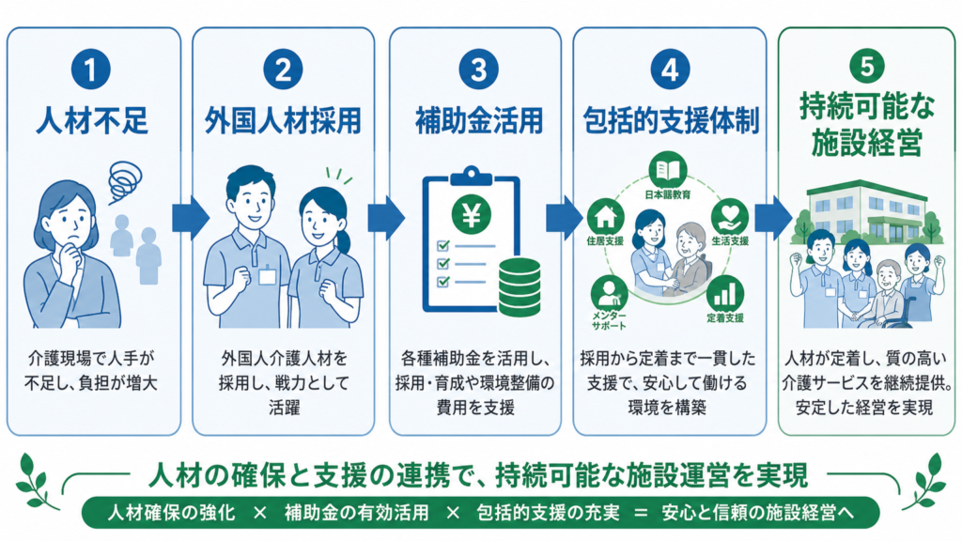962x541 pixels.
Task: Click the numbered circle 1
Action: coord(91,70)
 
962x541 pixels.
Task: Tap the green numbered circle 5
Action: coord(866,66)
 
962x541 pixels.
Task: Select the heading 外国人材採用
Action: coord(283,120)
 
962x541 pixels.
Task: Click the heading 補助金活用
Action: coord(478,120)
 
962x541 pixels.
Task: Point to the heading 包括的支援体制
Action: coord(671,120)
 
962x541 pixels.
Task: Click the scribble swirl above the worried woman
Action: coord(125,180)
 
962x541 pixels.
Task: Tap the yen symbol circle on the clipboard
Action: coord(472,215)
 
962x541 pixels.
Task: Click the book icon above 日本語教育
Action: coord(668,170)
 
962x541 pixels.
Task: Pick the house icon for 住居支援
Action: coord(606,217)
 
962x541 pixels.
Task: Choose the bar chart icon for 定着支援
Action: coord(724,293)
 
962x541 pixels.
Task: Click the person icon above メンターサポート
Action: coord(609,293)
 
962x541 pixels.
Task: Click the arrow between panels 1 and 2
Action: coord(190,218)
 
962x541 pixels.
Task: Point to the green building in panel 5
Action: coord(867,209)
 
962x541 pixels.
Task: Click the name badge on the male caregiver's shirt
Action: coord(267,276)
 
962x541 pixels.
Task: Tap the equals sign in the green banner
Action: coord(641,513)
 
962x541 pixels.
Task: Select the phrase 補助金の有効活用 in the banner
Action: coord(356,513)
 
